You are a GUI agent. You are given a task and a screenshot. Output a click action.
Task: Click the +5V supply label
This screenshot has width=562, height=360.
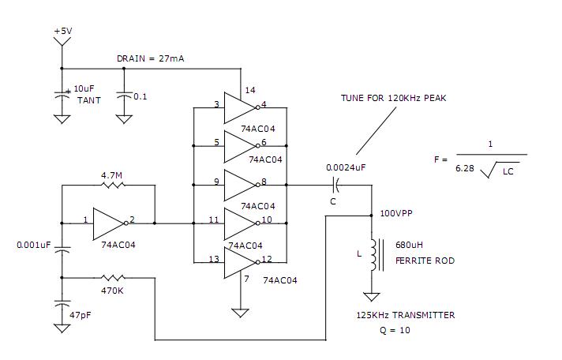pos(62,31)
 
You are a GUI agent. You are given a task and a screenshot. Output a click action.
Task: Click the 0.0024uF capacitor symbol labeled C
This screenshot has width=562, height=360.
pos(337,186)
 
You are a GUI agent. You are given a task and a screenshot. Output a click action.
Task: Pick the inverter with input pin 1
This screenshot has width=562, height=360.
pos(107,223)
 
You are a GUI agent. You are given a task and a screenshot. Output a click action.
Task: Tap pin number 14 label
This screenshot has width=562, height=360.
pos(251,90)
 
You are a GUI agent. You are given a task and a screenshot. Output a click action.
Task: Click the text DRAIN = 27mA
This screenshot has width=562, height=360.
pos(151,58)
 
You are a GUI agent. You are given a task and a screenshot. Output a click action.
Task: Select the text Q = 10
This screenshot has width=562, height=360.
pos(395,330)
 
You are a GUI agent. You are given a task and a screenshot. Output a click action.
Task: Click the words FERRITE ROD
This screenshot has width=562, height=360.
pos(424,260)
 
